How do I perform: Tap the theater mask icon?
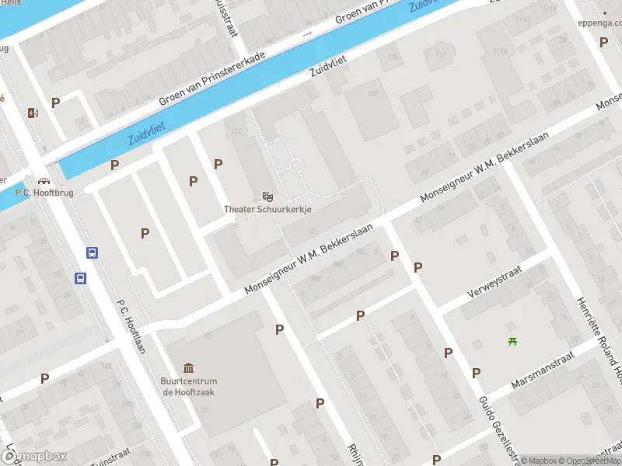[268, 195]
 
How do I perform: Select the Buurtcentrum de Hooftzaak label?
[189, 386]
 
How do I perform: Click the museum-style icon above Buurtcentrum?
[189, 367]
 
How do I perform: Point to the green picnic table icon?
[512, 340]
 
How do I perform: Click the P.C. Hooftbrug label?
[44, 192]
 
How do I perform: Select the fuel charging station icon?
[32, 113]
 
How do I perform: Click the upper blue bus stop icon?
[92, 253]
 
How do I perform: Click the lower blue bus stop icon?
[80, 278]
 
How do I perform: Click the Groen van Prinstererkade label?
[211, 79]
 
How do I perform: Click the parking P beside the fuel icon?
[55, 102]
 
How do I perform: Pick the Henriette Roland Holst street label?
[599, 342]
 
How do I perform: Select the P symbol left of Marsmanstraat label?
[476, 373]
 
